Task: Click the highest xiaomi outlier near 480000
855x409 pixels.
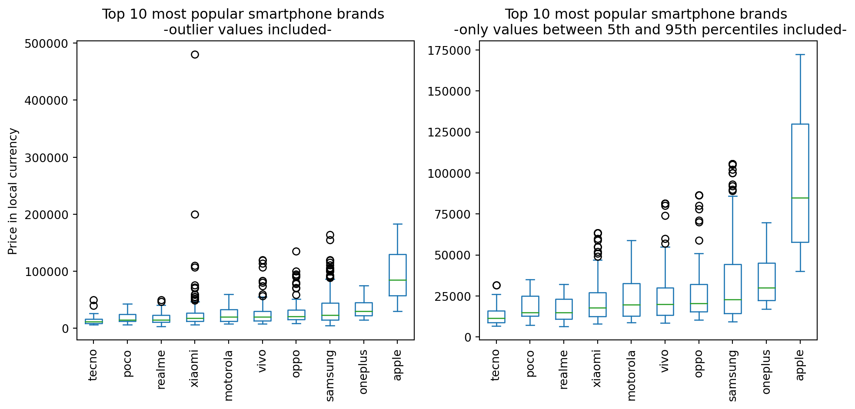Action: point(195,54)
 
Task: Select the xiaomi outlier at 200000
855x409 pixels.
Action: point(195,214)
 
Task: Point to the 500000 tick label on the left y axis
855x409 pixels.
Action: point(47,44)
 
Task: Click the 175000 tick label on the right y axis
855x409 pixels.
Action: point(450,51)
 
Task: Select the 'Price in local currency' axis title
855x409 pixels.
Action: point(13,191)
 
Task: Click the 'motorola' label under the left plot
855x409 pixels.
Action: point(229,375)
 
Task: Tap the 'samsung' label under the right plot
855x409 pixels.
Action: point(732,375)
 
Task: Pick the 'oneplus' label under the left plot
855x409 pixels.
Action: point(363,372)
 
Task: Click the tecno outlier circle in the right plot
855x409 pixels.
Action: point(496,285)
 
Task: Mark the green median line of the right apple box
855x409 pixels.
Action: point(800,198)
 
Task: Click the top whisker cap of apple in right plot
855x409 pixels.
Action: point(800,55)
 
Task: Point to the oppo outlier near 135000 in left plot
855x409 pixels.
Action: point(296,251)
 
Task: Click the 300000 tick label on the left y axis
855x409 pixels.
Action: point(47,158)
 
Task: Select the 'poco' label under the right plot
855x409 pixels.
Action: point(530,363)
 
